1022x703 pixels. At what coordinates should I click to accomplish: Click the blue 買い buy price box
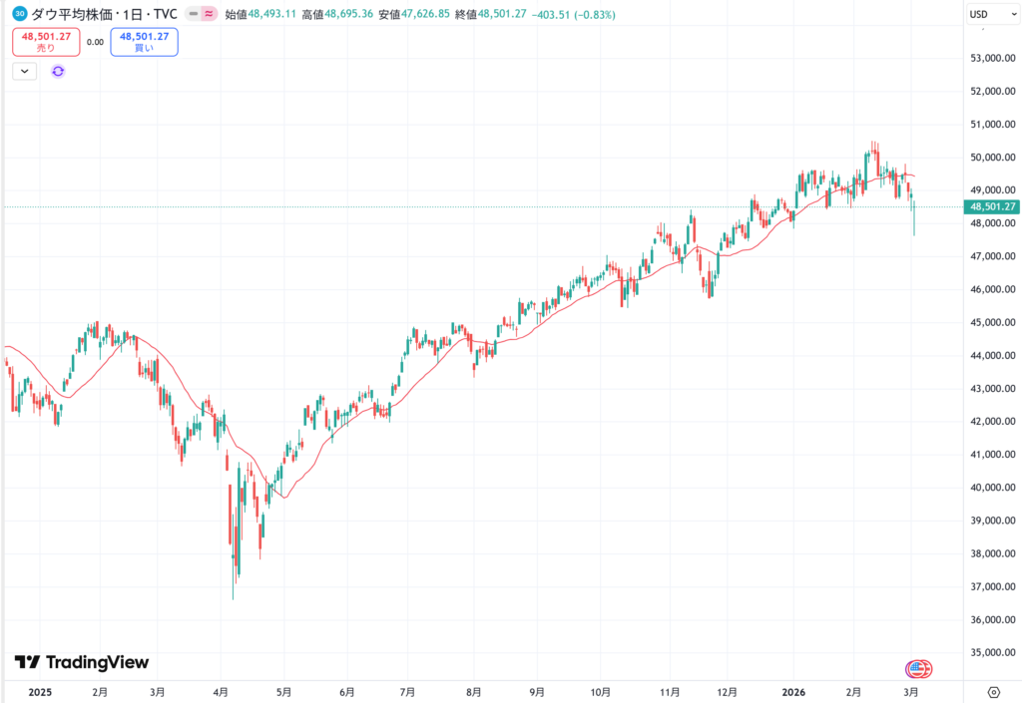144,42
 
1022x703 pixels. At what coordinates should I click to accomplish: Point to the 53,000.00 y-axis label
994,59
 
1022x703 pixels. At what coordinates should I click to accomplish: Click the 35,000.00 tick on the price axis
994,653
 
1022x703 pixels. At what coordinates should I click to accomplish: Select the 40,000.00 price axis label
994,488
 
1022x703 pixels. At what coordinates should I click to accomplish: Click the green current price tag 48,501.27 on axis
992,206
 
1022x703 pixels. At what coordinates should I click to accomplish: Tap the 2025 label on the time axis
40,691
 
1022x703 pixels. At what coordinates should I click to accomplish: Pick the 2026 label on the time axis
793,691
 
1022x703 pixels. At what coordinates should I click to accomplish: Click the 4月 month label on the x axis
222,691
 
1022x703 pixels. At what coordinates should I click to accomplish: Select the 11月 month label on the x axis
670,691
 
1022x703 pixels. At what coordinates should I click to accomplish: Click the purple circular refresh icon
58,71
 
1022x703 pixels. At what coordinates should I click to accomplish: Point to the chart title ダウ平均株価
69,14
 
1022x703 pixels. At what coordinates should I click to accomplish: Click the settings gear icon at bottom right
993,691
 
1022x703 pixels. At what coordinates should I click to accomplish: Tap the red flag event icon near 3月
918,668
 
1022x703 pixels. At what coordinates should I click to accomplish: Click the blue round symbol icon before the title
20,14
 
